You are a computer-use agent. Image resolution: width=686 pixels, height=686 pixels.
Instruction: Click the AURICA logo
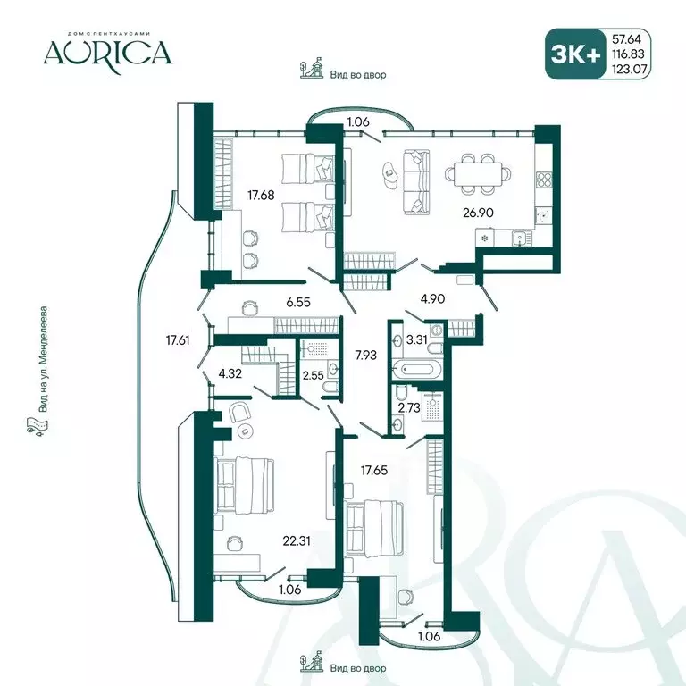107,53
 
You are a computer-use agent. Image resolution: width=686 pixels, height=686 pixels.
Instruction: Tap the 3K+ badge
575,54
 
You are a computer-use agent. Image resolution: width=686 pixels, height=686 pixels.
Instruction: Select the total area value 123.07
629,69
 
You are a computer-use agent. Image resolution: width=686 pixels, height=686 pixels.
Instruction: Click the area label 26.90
478,213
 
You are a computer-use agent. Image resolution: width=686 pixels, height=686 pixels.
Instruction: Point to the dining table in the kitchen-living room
478,173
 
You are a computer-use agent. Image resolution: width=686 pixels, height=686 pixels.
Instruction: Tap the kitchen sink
522,238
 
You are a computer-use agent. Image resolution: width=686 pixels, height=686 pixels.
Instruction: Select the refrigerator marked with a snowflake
485,238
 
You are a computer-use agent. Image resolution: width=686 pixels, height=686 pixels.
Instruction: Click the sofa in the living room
415,182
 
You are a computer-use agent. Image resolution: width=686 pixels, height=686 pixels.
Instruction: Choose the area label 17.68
261,195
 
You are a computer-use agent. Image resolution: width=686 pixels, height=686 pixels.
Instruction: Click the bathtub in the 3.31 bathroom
416,369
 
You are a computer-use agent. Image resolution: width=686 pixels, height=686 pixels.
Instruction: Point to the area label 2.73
409,407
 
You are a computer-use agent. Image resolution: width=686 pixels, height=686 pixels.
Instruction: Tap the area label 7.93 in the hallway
365,355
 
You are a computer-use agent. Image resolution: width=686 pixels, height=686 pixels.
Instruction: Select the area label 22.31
297,541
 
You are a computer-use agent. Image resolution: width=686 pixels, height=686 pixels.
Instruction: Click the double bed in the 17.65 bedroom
374,529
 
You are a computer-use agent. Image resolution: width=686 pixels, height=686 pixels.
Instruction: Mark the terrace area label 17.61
178,340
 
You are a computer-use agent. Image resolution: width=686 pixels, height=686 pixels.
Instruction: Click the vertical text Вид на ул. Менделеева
43,359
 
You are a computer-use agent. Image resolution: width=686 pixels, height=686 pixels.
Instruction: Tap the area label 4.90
432,299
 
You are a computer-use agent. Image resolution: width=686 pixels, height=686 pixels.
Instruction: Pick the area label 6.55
298,301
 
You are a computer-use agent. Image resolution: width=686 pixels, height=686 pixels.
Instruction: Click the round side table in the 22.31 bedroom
245,431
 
